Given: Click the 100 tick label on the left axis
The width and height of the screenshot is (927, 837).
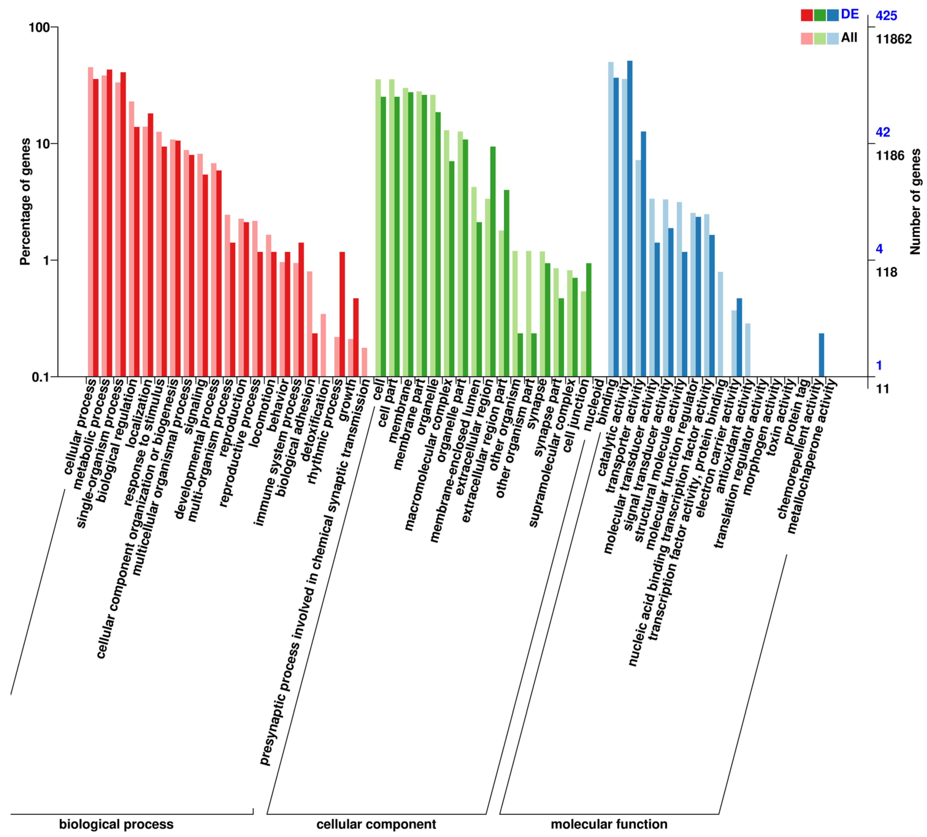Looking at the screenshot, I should tap(39, 27).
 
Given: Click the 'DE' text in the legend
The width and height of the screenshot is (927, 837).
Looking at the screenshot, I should tap(850, 14).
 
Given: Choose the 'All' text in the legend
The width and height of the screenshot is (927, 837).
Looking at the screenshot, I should tap(849, 38).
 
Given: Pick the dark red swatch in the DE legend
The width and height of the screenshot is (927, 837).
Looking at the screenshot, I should tap(807, 15).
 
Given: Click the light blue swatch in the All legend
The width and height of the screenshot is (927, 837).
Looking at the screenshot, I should tap(832, 39).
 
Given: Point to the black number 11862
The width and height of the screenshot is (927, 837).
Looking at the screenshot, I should tap(893, 39).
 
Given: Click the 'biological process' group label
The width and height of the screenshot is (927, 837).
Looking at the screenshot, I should tap(116, 824).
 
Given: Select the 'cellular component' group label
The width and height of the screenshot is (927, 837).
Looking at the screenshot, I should tap(376, 824).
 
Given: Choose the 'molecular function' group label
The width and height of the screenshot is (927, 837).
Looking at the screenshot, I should tap(609, 824).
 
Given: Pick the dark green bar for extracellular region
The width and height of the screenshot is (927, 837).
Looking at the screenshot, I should tap(493, 262).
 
